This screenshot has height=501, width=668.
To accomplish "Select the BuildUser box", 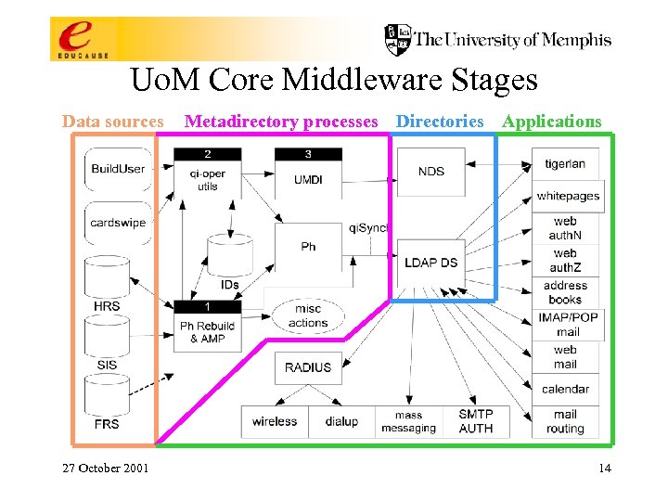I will (118, 169).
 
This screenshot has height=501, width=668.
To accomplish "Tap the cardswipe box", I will (118, 223).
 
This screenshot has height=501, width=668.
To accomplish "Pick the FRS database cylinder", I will (108, 399).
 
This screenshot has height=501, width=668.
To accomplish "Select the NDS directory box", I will (430, 172).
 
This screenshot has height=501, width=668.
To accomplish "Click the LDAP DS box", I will (430, 263).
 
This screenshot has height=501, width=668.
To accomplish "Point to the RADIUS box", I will (308, 367).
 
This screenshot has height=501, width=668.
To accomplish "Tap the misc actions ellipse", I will (308, 316).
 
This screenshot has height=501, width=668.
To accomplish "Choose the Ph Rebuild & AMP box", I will (207, 326).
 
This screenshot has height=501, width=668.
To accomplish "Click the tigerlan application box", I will (565, 164).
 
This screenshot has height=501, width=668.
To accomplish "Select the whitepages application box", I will (568, 197).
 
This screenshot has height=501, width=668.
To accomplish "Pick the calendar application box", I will (565, 390).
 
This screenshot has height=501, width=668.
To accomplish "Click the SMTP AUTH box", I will (476, 421).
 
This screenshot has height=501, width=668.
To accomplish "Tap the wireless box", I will (275, 421).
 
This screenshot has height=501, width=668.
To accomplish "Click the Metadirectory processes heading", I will (281, 122).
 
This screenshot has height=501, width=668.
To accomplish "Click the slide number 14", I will (604, 468).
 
